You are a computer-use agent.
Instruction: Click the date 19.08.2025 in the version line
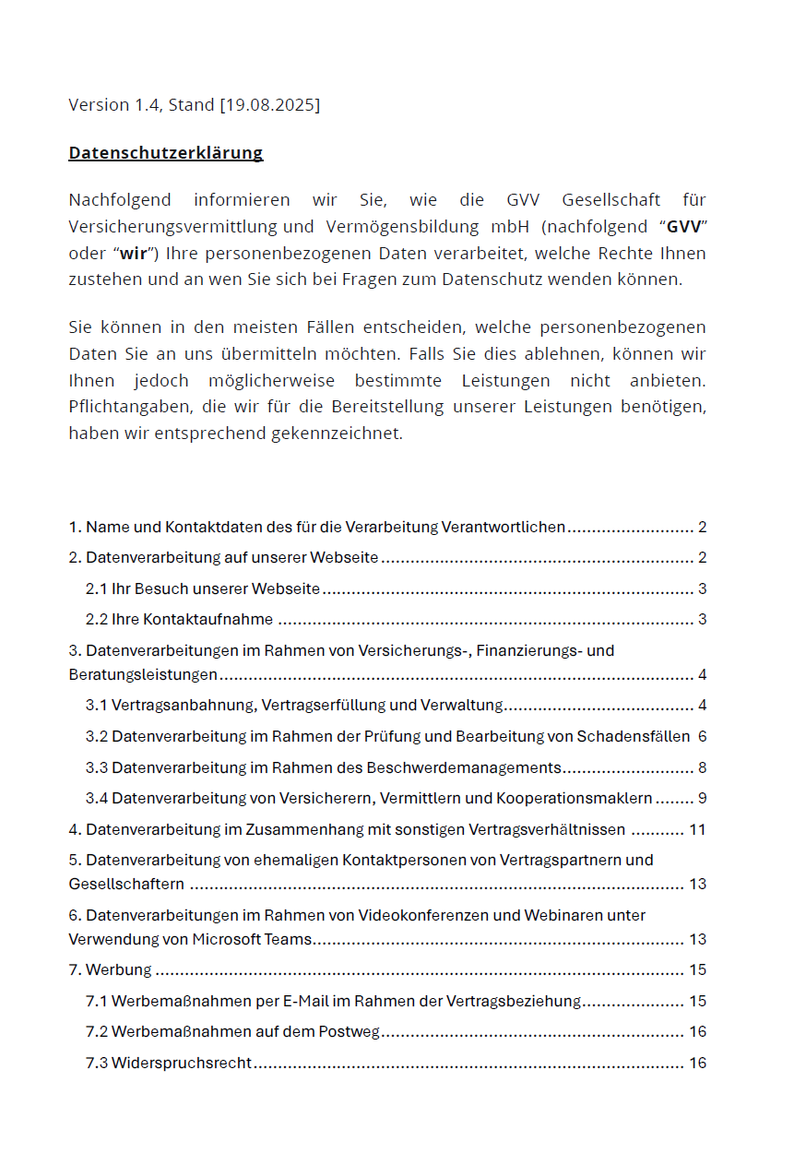pyautogui.click(x=269, y=105)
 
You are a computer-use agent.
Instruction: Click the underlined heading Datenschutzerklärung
pyautogui.click(x=166, y=153)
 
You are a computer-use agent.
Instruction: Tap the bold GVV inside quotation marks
pyautogui.click(x=683, y=227)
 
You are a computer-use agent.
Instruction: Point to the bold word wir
pyautogui.click(x=134, y=254)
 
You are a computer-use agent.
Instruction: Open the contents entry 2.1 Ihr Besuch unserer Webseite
pyautogui.click(x=203, y=588)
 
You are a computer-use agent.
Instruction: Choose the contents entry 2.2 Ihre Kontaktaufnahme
pyautogui.click(x=180, y=619)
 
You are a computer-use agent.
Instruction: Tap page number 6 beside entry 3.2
pyautogui.click(x=702, y=736)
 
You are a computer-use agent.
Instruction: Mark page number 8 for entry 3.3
pyautogui.click(x=702, y=767)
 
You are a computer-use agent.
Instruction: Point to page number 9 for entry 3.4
pyautogui.click(x=702, y=798)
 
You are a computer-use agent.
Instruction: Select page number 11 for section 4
pyautogui.click(x=697, y=829)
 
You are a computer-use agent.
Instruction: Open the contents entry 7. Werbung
pyautogui.click(x=111, y=969)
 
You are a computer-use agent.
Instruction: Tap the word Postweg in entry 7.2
pyautogui.click(x=350, y=1031)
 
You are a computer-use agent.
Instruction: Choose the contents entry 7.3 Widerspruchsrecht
pyautogui.click(x=169, y=1063)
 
